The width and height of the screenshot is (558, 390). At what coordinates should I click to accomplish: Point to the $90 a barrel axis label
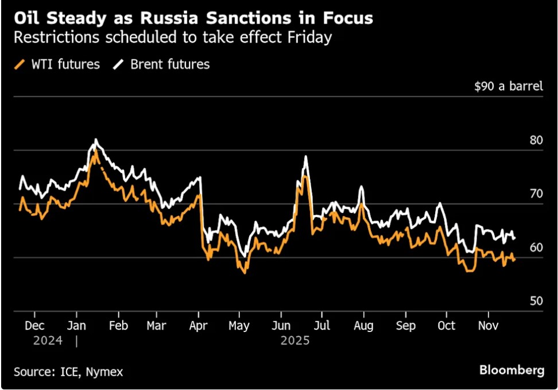[509, 87]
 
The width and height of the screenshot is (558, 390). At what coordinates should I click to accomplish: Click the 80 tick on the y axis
[536, 140]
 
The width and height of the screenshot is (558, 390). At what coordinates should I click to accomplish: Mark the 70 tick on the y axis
[536, 194]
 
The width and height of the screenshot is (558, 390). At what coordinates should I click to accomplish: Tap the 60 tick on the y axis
[536, 248]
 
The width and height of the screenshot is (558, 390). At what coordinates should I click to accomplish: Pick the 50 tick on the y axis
[536, 301]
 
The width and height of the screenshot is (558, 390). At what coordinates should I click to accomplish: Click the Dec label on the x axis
[34, 325]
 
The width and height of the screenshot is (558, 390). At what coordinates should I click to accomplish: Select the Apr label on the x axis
[198, 325]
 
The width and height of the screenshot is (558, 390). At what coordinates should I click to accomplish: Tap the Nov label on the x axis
[488, 325]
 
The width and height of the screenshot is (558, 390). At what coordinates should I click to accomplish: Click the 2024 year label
[47, 341]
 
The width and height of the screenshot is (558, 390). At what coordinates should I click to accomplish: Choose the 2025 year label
[295, 341]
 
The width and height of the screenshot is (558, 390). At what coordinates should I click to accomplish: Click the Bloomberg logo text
[512, 370]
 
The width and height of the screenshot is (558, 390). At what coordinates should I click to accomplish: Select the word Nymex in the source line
[104, 372]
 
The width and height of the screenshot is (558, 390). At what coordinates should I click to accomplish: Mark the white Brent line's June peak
[306, 156]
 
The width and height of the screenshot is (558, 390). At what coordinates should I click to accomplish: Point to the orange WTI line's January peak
[95, 150]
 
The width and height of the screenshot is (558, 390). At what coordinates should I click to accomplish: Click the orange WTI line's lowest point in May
[245, 273]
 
